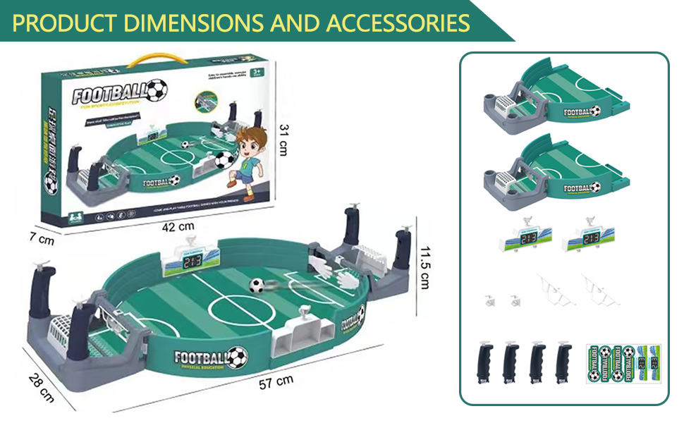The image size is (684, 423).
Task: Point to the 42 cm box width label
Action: pyautogui.click(x=178, y=226)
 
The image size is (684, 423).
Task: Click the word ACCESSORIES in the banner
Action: pyautogui.click(x=398, y=23)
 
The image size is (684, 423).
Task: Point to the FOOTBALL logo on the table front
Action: pyautogui.click(x=210, y=356)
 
